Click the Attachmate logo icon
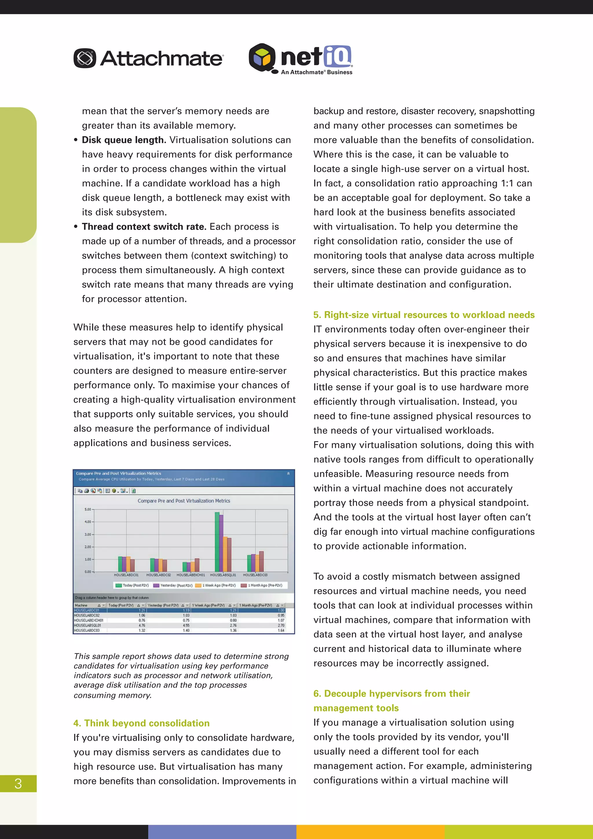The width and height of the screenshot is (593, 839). click(x=85, y=58)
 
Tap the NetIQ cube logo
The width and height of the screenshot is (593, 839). click(x=262, y=57)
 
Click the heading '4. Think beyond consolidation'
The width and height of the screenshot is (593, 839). click(x=141, y=723)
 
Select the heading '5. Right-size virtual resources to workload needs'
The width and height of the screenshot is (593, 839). click(x=424, y=315)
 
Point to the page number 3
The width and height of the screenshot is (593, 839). click(x=18, y=783)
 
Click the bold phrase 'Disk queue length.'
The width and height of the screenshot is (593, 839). click(x=124, y=140)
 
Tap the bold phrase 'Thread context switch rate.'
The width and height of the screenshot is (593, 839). click(x=144, y=227)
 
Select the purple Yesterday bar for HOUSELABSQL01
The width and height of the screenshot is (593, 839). click(x=221, y=543)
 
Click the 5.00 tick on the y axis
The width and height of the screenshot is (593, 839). click(x=88, y=509)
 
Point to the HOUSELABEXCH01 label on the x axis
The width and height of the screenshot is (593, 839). click(x=191, y=575)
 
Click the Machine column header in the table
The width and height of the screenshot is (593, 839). click(x=81, y=605)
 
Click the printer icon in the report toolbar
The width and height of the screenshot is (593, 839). click(x=87, y=491)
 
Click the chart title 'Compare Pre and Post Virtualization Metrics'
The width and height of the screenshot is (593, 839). click(x=184, y=501)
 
